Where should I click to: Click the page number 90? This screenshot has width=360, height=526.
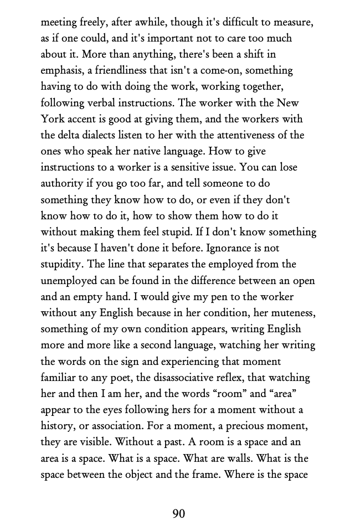coord(178,513)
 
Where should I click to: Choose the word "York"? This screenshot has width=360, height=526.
coord(53,119)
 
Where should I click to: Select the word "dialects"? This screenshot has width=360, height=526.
coord(112,135)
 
